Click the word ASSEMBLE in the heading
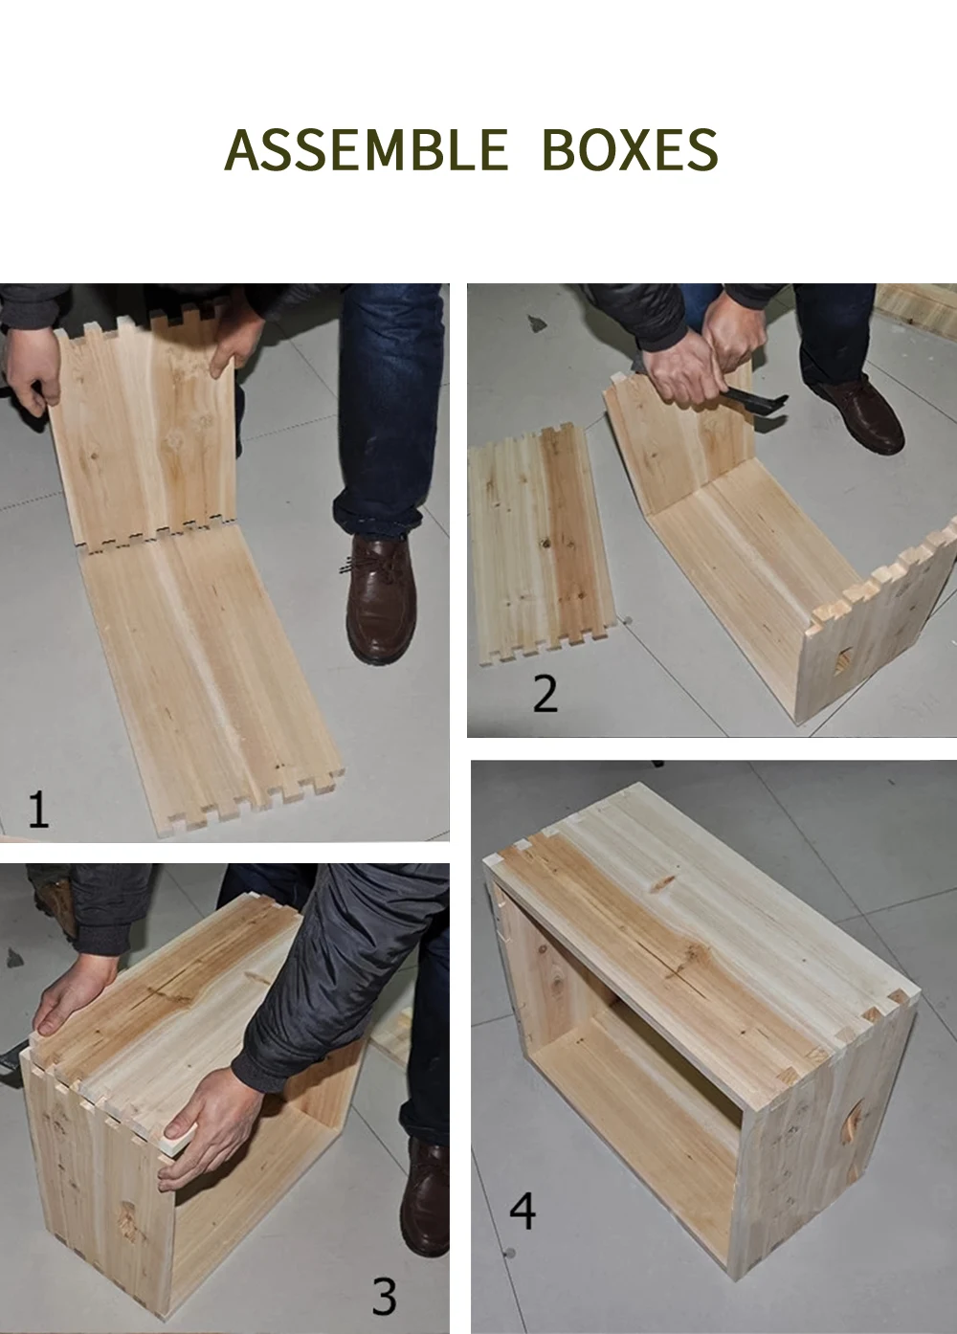click(x=367, y=149)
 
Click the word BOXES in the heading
click(x=631, y=149)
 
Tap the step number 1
click(x=38, y=808)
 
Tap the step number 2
click(x=545, y=693)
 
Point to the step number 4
click(x=523, y=1211)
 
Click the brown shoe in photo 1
click(x=380, y=598)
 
